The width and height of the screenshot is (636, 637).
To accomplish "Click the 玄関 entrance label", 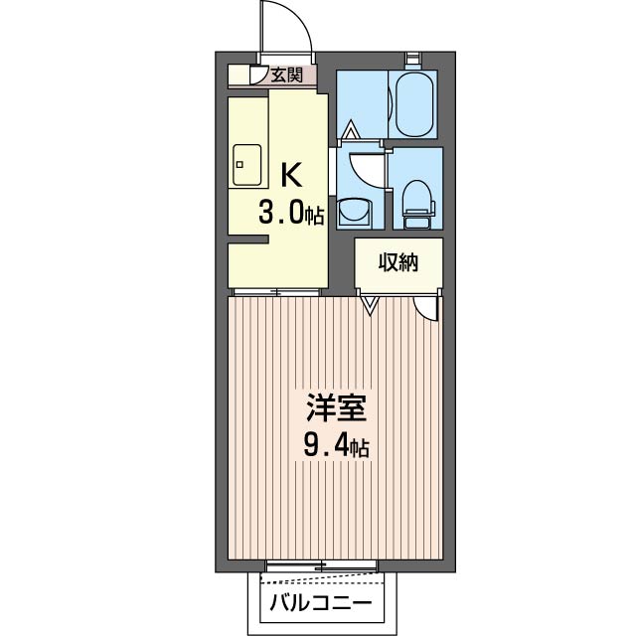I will [287, 75].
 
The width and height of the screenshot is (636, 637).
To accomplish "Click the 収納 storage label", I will [397, 262].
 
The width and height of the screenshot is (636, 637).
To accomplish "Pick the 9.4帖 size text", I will [335, 447].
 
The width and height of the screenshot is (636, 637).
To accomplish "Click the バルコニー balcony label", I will [320, 603].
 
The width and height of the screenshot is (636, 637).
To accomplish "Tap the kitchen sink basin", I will [246, 165].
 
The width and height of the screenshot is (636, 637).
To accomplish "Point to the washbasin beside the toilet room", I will [354, 212].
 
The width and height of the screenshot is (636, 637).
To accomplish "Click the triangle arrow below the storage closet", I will [370, 305].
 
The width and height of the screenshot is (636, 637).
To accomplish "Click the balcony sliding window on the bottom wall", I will [320, 565].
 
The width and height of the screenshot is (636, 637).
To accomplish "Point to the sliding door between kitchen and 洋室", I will [275, 291].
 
